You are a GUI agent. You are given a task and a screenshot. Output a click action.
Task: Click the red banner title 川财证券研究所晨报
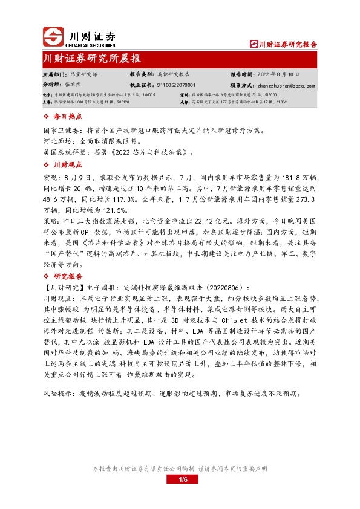92,59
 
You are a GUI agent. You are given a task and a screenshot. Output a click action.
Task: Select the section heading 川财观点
67,164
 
